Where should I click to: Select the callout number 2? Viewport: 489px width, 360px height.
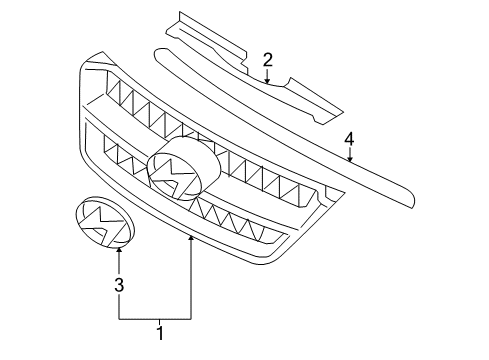click(268, 61)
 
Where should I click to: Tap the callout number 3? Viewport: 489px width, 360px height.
click(119, 286)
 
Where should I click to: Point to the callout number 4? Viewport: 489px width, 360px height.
click(350, 139)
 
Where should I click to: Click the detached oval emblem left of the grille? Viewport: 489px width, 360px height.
click(105, 222)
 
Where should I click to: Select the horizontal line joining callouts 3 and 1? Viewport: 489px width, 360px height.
click(155, 318)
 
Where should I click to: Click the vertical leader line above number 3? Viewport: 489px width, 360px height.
click(119, 265)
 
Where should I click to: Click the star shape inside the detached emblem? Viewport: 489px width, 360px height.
click(104, 222)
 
